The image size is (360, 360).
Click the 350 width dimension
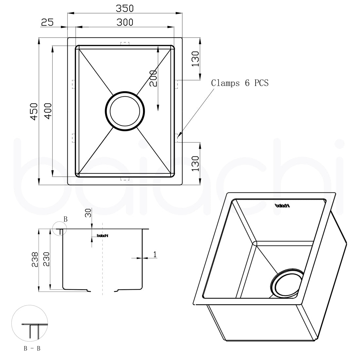point(125,9)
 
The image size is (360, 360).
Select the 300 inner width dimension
point(125,22)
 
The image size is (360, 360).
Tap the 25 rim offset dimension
point(47,22)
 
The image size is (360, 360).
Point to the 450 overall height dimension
point(34,112)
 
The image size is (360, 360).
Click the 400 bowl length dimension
point(48,111)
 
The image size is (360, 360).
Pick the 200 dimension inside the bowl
point(153,79)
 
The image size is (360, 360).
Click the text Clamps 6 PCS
point(240,83)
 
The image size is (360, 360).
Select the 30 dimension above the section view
point(88,213)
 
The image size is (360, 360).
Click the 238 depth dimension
point(35,260)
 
